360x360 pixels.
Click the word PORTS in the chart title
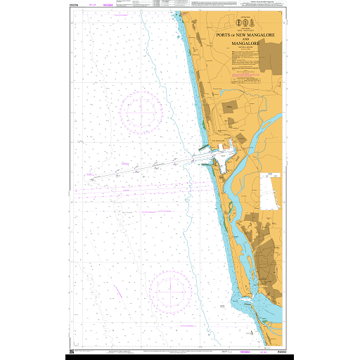coord(226,34)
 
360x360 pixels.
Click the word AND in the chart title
coord(245,39)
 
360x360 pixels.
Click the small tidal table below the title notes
coord(245,82)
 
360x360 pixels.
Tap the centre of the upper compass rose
coord(141,110)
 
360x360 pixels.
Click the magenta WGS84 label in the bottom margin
coord(246,350)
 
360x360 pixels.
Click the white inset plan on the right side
coord(269,191)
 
